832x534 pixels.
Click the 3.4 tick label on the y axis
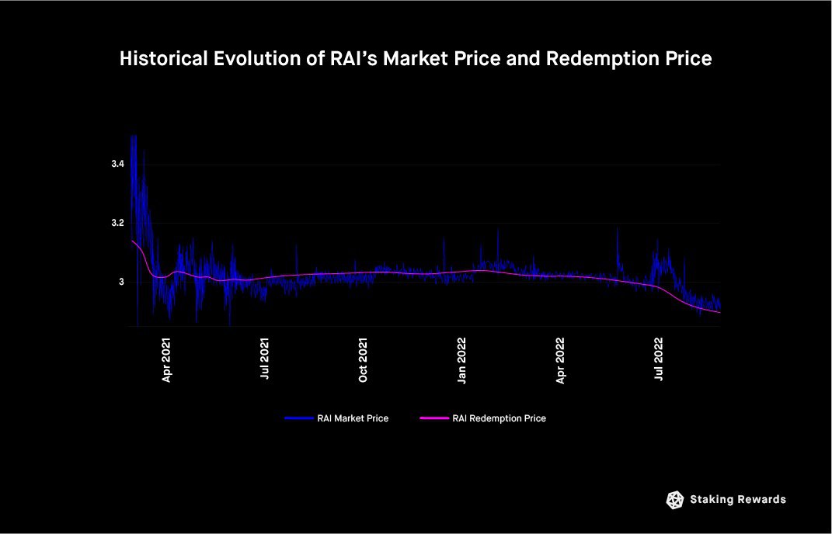point(117,165)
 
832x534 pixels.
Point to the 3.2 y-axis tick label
point(117,223)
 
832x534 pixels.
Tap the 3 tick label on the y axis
point(121,282)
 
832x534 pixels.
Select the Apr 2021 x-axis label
point(167,360)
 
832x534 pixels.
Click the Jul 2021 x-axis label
point(266,360)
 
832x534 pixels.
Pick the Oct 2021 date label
point(364,360)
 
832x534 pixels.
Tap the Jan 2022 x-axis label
point(462,360)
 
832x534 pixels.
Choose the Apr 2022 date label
point(561,360)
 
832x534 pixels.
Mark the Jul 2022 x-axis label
point(660,360)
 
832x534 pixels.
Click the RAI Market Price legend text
point(353,418)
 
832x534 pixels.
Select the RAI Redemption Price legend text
point(499,418)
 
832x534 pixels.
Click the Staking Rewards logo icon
point(675,500)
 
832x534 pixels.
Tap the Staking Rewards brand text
point(738,500)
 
